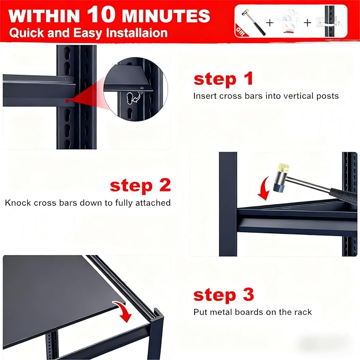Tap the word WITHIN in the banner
44,16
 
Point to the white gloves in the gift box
288,21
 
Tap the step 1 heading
223,80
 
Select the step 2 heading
141,186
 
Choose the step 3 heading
224,295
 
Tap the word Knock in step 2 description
18,203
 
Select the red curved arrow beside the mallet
264,188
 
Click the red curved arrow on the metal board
124,312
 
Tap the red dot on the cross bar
67,101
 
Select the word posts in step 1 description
327,96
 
